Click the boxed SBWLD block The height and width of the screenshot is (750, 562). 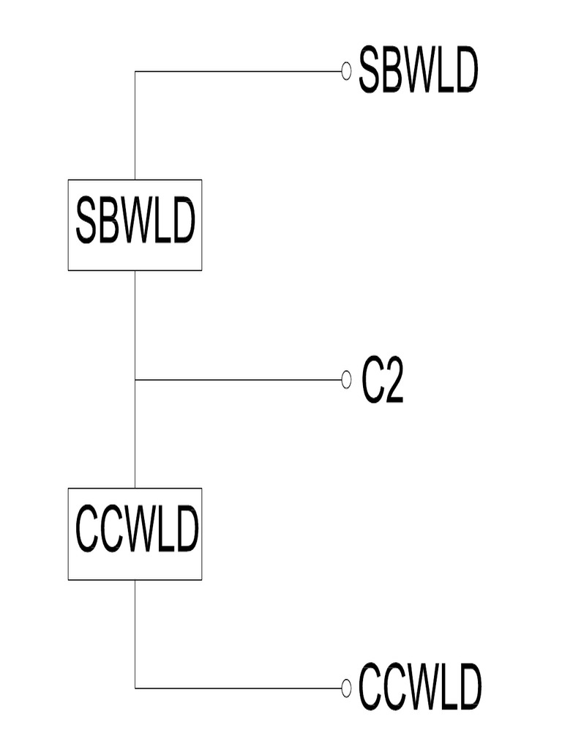pos(135,226)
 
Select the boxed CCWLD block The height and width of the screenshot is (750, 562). pos(135,534)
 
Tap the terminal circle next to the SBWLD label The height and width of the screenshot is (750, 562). pos(346,71)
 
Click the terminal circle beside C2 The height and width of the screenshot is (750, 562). pos(346,380)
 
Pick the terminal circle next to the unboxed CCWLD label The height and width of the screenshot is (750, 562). pos(346,688)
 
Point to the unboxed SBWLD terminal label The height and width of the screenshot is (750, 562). pos(418,70)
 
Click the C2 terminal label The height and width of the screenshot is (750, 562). pos(382,381)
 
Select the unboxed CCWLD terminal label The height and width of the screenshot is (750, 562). pos(419,687)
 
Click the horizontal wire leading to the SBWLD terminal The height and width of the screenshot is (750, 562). pos(239,71)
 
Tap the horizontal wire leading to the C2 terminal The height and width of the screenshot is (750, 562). pos(239,380)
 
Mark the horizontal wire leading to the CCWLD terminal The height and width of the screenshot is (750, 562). pos(239,688)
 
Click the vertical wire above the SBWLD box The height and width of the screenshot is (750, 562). pos(135,125)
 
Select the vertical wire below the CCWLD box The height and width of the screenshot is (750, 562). pos(135,634)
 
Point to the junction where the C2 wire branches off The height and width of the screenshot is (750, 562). pos(135,380)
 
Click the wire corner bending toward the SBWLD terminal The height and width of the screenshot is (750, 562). pos(135,71)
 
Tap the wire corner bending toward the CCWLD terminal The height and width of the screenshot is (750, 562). pos(135,688)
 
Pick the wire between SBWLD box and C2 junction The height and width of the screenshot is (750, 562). pos(135,325)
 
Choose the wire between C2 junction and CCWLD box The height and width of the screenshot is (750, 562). pos(135,434)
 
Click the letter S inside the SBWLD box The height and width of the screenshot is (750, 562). pos(86,221)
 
